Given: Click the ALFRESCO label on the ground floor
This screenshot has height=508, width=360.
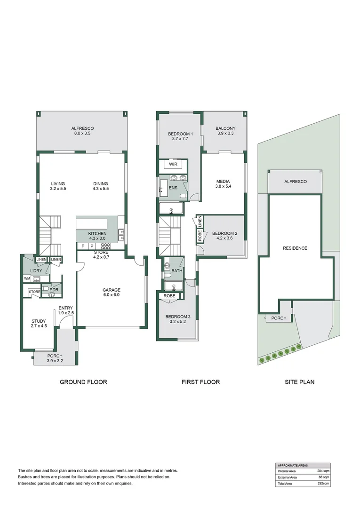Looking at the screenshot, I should click(x=82, y=128).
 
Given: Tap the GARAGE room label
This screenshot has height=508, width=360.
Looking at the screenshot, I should click(x=112, y=290).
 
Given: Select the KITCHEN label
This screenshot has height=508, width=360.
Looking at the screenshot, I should click(x=97, y=233).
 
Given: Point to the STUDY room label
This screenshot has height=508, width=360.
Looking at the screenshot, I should click(x=39, y=321).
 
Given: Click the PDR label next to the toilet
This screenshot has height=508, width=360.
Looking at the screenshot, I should click(x=54, y=290).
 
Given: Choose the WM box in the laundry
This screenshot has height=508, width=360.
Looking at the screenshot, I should click(x=27, y=279).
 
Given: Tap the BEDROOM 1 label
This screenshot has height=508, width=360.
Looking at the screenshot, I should click(x=181, y=134).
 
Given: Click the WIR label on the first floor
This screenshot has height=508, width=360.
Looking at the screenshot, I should click(x=173, y=165).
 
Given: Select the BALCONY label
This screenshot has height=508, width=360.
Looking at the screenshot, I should click(x=225, y=128).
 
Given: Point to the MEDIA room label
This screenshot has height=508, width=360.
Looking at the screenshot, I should click(x=223, y=181).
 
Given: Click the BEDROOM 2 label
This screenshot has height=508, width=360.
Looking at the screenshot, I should click(x=224, y=233).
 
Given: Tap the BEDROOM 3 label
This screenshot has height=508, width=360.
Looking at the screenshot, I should click(x=177, y=317).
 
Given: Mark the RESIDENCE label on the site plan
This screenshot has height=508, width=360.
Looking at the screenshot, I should click(x=295, y=248).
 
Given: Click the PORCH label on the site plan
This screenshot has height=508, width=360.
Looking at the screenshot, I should click(x=279, y=318).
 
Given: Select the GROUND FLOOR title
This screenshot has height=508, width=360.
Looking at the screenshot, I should click(x=83, y=382).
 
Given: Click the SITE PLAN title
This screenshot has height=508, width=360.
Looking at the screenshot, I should click(x=300, y=382).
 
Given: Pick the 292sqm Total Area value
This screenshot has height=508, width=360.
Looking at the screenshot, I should click(x=323, y=483).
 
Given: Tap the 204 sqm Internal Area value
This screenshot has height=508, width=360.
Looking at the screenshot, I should click(x=323, y=470).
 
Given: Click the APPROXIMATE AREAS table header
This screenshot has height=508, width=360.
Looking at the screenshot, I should click(x=294, y=465).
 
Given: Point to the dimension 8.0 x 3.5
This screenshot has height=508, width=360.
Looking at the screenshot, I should click(x=82, y=134).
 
